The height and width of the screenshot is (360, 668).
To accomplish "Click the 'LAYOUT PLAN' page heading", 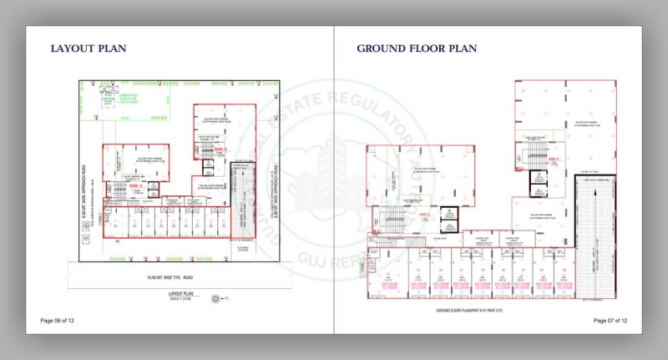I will coord(89,48).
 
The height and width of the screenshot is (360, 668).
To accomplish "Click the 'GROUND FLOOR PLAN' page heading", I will coord(417,48).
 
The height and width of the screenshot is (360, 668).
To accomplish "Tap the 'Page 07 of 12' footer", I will coord(610,321).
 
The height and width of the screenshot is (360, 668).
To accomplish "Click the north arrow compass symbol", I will coord(216,298).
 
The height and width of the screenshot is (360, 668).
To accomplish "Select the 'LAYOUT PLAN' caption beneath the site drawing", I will coord(181,294).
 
